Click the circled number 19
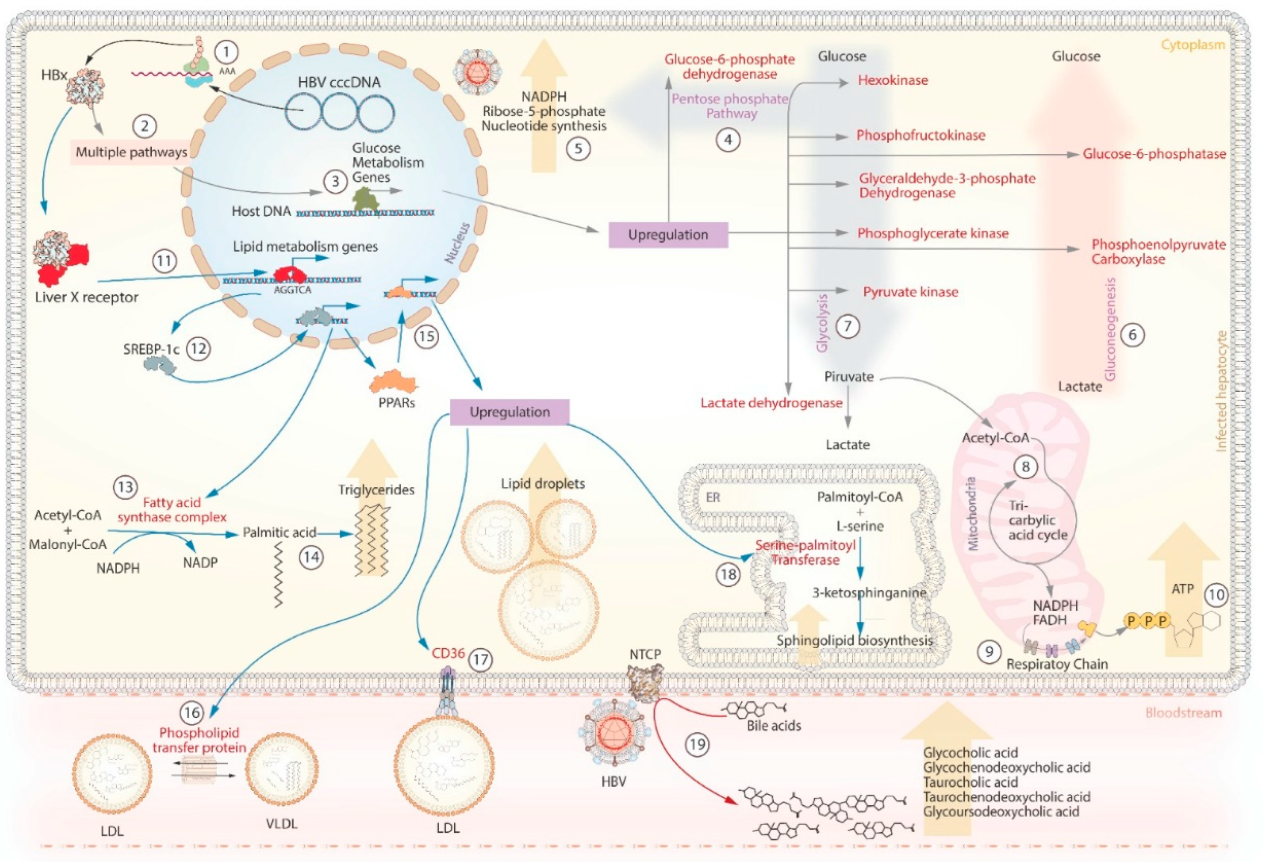click(x=698, y=743)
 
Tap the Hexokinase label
click(x=892, y=80)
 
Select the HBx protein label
click(x=53, y=75)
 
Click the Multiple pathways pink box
click(x=131, y=152)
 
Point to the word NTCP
click(x=645, y=654)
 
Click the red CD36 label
click(x=448, y=653)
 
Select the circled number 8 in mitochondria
click(x=1026, y=466)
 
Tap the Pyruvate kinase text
click(x=910, y=292)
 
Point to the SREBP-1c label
click(x=151, y=349)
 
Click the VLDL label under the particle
click(x=282, y=823)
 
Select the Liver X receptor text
click(x=86, y=297)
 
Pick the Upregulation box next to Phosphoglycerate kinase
click(x=668, y=235)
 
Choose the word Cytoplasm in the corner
click(x=1193, y=44)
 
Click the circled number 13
click(x=126, y=487)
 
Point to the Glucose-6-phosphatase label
click(x=1153, y=154)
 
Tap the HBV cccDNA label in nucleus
click(x=339, y=82)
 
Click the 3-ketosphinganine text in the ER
click(x=869, y=593)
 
